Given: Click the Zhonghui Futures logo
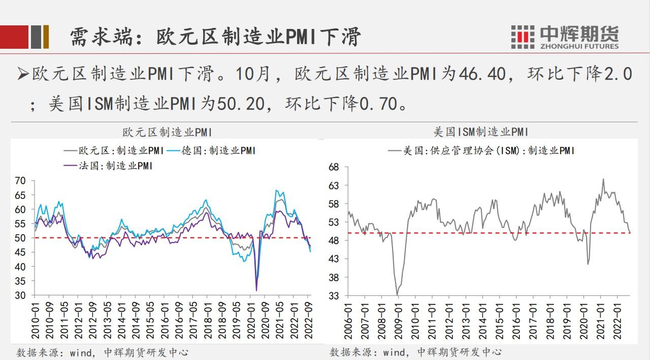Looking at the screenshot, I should click(565, 37).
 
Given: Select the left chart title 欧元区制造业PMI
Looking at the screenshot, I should click(167, 132).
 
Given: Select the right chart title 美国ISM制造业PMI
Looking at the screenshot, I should click(480, 132).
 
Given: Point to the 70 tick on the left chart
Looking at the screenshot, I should click(20, 181).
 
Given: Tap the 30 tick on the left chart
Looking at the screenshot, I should click(20, 296).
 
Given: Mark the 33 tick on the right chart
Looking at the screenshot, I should click(334, 296).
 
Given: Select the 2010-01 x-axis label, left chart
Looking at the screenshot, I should click(35, 318).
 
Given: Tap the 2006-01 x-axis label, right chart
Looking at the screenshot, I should click(349, 318).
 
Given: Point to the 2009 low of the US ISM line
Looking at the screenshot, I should click(397, 294).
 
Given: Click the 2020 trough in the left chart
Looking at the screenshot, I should click(256, 290).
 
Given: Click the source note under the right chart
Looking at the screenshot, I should click(416, 352).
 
